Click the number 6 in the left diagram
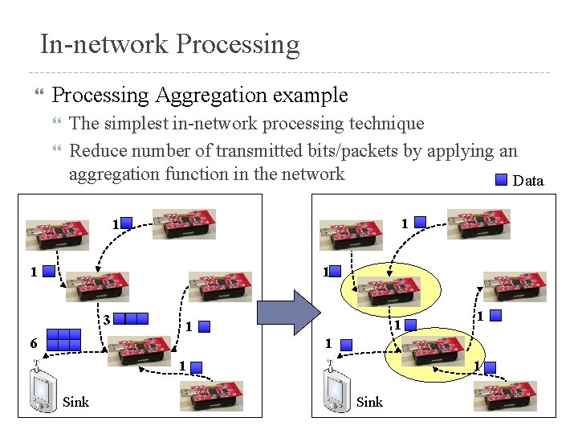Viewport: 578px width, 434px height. [33, 342]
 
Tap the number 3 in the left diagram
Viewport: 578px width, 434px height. [106, 318]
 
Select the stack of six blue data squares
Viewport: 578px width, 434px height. [63, 338]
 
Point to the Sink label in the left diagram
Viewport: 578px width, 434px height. [75, 402]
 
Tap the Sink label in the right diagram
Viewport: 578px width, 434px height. [369, 402]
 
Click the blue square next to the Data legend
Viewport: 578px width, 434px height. [501, 180]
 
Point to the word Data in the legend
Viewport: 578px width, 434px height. [527, 181]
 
